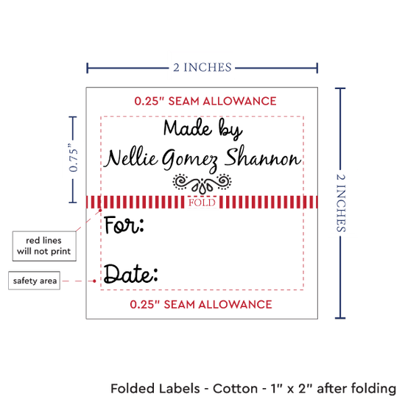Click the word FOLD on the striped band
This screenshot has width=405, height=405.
coord(202,202)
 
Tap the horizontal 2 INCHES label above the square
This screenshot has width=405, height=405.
coord(202,68)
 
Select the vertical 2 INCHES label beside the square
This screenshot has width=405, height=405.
coord(341,202)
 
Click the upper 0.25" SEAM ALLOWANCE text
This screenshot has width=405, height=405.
coord(205,101)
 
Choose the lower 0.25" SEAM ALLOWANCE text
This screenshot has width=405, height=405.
coord(201,304)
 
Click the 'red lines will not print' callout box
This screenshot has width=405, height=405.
coord(44,246)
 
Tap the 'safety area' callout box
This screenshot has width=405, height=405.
coord(34,281)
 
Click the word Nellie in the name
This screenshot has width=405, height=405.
coord(131,158)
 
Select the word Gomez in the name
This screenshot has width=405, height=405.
coord(190,160)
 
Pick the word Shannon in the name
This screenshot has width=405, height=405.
coord(263,156)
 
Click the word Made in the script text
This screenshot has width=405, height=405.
coord(188,128)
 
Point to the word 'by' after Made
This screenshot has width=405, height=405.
coord(230,129)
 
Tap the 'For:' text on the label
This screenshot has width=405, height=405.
coord(124,225)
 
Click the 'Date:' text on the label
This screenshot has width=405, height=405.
coord(130,274)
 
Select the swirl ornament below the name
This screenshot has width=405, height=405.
coord(202,183)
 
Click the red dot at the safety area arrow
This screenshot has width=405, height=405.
coord(94,281)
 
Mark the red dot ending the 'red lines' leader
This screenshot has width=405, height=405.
coord(100,211)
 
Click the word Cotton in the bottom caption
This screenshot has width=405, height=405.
coord(235,389)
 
